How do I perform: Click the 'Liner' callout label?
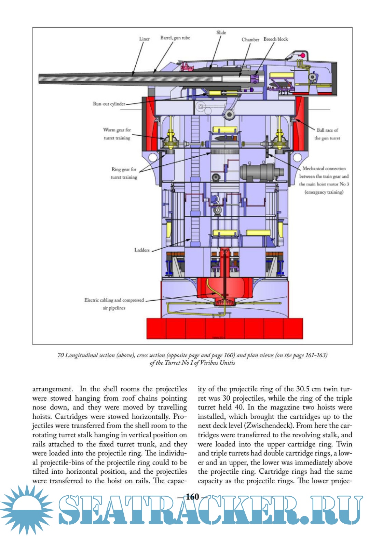(x=144, y=39)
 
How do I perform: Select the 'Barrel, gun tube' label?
(x=175, y=38)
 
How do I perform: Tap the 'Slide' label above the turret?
(x=221, y=32)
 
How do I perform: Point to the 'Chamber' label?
(x=250, y=40)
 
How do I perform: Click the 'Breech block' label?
(x=275, y=39)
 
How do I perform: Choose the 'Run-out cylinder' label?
(x=109, y=104)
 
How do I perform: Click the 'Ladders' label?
(x=142, y=250)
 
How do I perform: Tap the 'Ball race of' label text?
(x=327, y=130)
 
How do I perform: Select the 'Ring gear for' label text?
(x=124, y=169)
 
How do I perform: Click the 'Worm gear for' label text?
(x=117, y=130)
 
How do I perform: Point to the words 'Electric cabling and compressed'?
(x=114, y=300)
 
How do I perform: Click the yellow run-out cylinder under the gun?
(x=215, y=93)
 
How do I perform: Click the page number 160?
(x=192, y=497)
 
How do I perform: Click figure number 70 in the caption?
(x=60, y=355)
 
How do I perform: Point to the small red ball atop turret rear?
(x=302, y=55)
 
